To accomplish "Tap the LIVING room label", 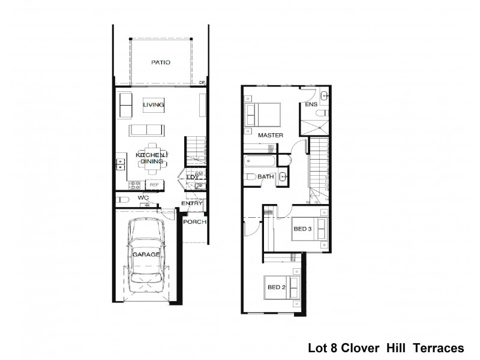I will coord(154,105).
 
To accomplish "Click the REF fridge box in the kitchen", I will coord(154,185).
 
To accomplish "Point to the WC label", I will coord(143,197).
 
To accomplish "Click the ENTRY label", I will coord(192,203).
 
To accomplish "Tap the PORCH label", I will coord(195,222).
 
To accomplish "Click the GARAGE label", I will coord(146,254).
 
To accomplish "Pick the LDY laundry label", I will coord(192,177).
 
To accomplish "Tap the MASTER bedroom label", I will coord(270,135).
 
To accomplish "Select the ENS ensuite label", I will coord(310,104).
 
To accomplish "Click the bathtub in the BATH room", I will coord(260,161).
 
